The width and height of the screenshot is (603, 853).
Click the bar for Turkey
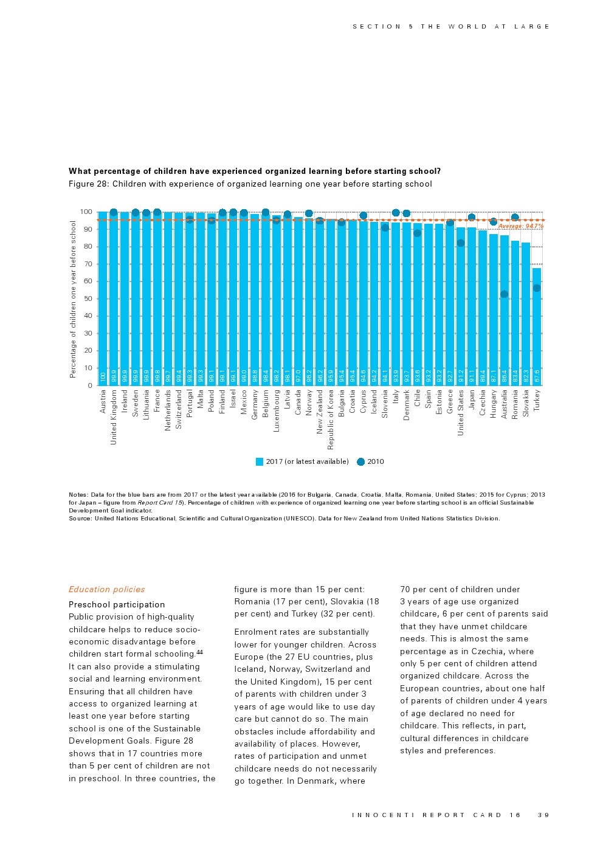click(537, 328)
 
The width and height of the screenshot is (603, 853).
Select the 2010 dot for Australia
click(504, 294)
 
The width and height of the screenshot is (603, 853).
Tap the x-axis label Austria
click(103, 402)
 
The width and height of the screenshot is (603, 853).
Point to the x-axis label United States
click(461, 413)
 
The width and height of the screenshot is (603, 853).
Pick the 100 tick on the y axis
click(86, 212)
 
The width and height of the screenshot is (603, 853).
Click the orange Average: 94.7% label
click(520, 226)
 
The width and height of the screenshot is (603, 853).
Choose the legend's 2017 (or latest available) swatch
click(260, 461)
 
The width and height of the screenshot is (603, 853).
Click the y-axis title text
click(74, 299)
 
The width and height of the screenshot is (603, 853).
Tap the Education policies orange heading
click(106, 589)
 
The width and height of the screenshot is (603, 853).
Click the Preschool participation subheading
click(117, 604)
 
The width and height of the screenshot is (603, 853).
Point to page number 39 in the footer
click(543, 815)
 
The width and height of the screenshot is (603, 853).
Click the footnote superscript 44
click(199, 652)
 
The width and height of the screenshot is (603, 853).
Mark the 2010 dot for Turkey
click(537, 288)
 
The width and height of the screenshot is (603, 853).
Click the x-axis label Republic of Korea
click(331, 420)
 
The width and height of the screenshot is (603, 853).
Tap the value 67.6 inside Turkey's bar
click(537, 376)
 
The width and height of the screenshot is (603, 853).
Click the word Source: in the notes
click(80, 519)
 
